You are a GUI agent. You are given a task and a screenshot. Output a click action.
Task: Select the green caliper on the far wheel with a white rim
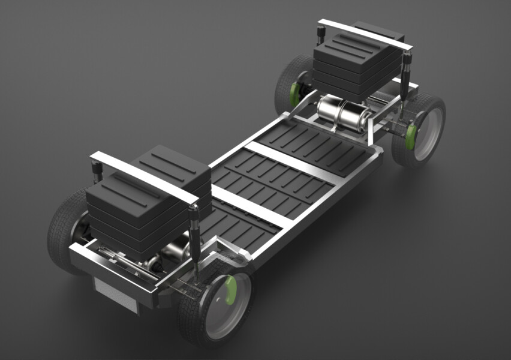point(411,135)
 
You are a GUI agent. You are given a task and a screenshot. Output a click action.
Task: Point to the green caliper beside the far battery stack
point(295,93)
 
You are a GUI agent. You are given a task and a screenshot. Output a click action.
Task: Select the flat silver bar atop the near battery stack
point(144,177)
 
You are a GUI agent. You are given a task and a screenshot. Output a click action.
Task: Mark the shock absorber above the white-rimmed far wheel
point(407,72)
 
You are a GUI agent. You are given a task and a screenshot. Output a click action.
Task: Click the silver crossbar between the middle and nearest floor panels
point(252,207)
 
